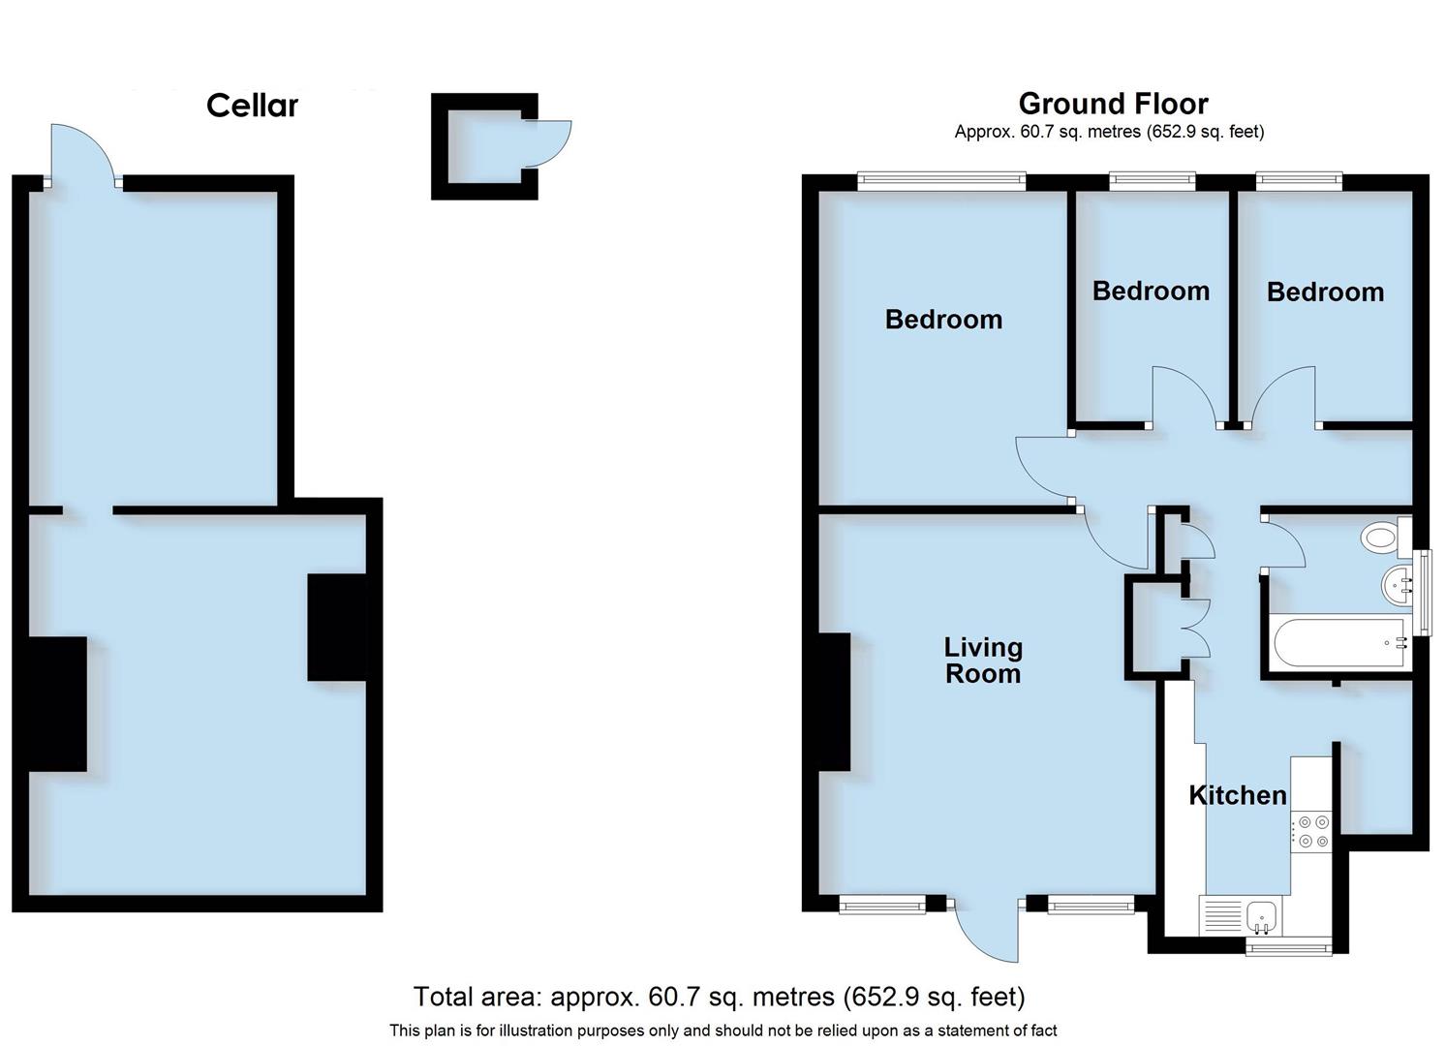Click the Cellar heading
coord(252,105)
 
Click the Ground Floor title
coord(1113,104)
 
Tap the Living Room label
coord(983,660)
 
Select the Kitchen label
coord(1238,795)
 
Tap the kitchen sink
coord(1261,913)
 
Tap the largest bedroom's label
coord(943,320)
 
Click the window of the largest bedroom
coord(941,179)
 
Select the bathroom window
coord(1422,592)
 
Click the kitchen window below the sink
coord(1288,946)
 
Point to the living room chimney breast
coord(834,701)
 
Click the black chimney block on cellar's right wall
coord(336,628)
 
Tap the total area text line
coord(719,996)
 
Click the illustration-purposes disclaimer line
coord(722,1031)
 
